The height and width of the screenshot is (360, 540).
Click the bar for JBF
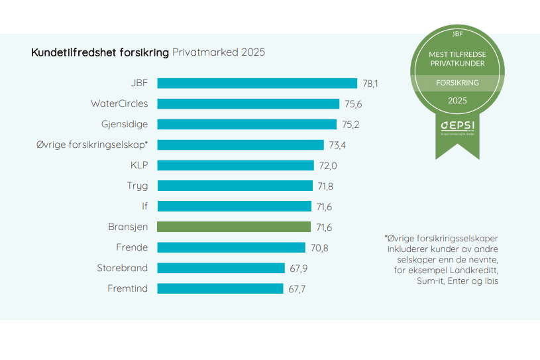[257, 83]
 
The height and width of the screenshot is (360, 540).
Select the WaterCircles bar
[248, 103]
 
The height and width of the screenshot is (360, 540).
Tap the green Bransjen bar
[234, 227]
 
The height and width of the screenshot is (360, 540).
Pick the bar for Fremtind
[220, 288]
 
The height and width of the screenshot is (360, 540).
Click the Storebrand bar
[221, 268]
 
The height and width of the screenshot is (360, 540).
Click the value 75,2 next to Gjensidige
[351, 125]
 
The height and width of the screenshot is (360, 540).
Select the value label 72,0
[327, 166]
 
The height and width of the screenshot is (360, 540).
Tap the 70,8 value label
[319, 248]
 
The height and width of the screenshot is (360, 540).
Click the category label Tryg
[137, 186]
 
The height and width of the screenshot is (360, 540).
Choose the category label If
[144, 206]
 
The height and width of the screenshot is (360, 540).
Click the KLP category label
[139, 165]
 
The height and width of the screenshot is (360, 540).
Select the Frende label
[132, 247]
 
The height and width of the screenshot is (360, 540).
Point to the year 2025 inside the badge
[457, 101]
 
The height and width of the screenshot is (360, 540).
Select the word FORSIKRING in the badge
[457, 83]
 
